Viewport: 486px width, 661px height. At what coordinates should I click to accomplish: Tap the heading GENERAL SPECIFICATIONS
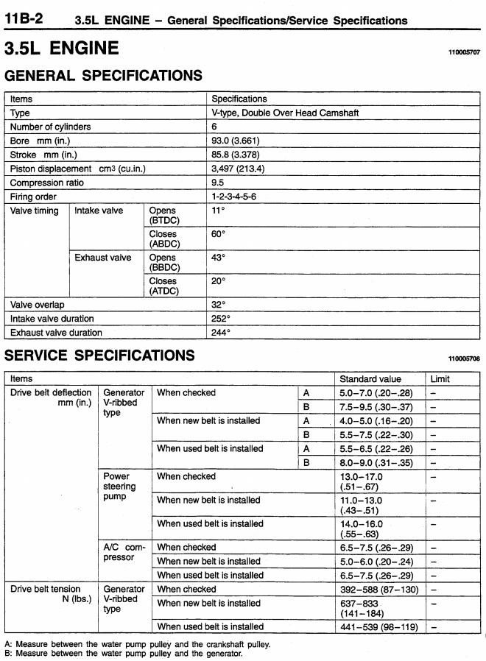click(x=103, y=75)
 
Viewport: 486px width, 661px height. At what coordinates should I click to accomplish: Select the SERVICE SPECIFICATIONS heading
click(x=99, y=356)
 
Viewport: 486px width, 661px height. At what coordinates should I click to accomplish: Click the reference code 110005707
click(x=464, y=53)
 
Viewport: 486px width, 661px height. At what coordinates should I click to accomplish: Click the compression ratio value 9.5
click(x=217, y=183)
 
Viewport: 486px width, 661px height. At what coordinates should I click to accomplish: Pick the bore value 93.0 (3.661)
click(x=235, y=141)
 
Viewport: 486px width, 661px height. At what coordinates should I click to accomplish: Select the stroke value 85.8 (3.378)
click(x=235, y=155)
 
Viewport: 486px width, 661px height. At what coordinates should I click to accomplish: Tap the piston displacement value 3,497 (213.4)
click(x=238, y=169)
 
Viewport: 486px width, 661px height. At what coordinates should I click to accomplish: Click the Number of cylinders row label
click(x=51, y=127)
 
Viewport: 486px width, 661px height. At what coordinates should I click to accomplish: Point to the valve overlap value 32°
click(x=219, y=304)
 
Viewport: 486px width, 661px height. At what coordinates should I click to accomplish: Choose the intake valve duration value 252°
click(x=221, y=318)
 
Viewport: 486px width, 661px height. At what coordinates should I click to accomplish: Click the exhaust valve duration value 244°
click(x=221, y=332)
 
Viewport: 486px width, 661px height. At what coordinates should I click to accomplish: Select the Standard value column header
click(x=370, y=378)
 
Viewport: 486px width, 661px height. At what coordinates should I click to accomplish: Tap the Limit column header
click(x=440, y=378)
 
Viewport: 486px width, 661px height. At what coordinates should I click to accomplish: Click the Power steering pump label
click(x=119, y=487)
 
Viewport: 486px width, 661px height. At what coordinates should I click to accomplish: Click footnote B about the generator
click(x=124, y=653)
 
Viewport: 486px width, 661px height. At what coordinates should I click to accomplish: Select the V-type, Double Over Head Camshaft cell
click(x=285, y=113)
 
